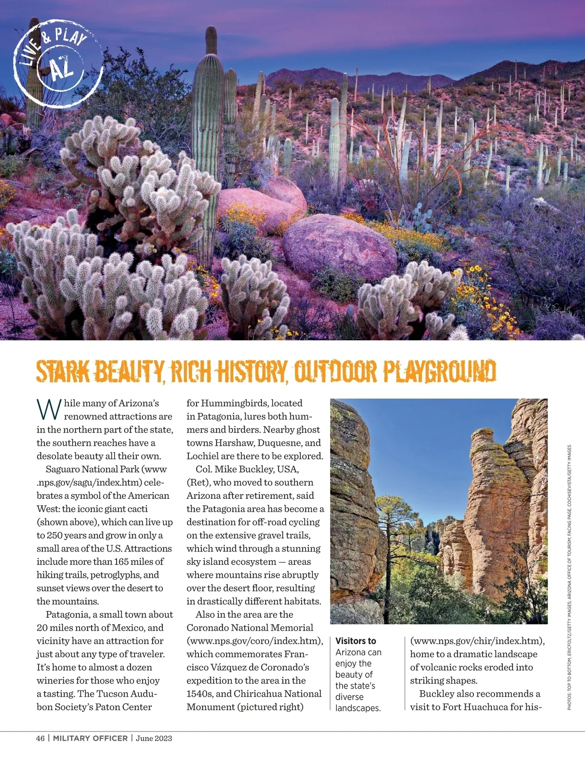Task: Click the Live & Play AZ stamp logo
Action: pyautogui.click(x=58, y=62)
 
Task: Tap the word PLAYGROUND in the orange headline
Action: pyautogui.click(x=439, y=372)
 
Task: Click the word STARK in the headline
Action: pyautogui.click(x=63, y=372)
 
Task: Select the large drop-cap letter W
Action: pyautogui.click(x=49, y=409)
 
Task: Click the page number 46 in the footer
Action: pyautogui.click(x=40, y=738)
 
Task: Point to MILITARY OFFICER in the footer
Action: pyautogui.click(x=90, y=738)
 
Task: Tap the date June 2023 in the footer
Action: pyautogui.click(x=154, y=738)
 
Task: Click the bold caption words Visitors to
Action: pyautogui.click(x=356, y=641)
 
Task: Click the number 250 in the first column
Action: pyautogui.click(x=56, y=535)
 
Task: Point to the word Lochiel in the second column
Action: pyautogui.click(x=203, y=456)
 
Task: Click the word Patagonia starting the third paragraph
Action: pyautogui.click(x=69, y=614)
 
